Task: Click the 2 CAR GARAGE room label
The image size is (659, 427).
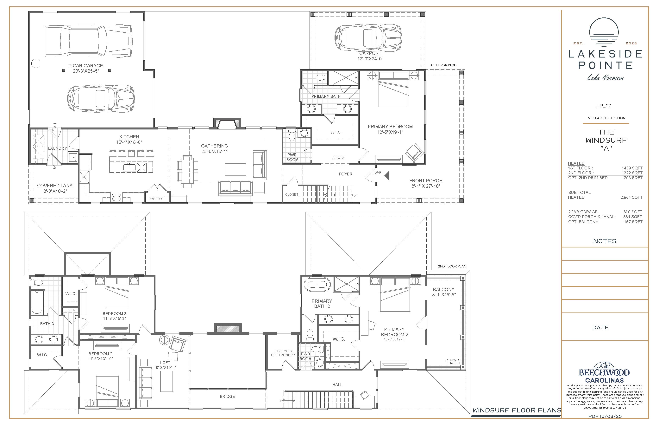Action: [x=86, y=66]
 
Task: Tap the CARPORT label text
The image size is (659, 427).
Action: [x=370, y=53]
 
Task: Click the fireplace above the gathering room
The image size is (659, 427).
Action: [x=227, y=123]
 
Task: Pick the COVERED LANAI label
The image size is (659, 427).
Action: [x=55, y=186]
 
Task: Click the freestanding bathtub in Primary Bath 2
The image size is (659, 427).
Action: [x=317, y=285]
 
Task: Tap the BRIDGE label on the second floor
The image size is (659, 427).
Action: [x=227, y=397]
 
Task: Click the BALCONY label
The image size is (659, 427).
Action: [x=444, y=289]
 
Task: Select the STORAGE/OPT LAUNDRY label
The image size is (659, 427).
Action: [x=283, y=353]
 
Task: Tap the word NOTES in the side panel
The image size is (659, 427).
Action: [x=605, y=241]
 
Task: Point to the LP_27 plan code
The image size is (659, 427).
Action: [x=604, y=106]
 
